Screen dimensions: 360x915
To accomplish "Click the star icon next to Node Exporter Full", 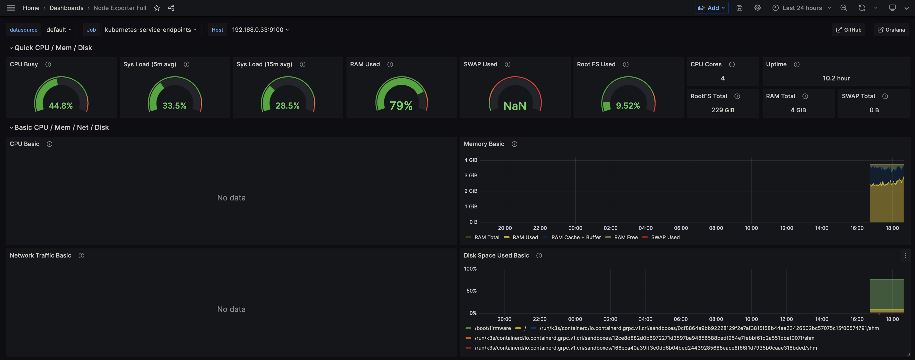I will pyautogui.click(x=157, y=8).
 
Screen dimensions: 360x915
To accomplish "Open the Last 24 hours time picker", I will pyautogui.click(x=802, y=8).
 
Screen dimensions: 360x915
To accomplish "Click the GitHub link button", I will pyautogui.click(x=849, y=29).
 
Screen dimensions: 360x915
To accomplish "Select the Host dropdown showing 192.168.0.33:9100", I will pyautogui.click(x=260, y=29).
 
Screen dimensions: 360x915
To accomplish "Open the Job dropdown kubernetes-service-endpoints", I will pyautogui.click(x=150, y=29).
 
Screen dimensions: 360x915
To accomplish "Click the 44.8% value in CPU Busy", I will pyautogui.click(x=61, y=105).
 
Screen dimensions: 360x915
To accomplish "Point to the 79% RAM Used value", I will pyautogui.click(x=401, y=105).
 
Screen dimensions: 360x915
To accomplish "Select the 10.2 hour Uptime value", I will pyautogui.click(x=836, y=78).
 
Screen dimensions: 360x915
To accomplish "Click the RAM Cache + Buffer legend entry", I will pyautogui.click(x=575, y=237).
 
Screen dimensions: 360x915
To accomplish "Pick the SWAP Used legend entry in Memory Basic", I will pyautogui.click(x=665, y=237).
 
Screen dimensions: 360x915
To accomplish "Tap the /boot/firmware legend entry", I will pyautogui.click(x=492, y=328).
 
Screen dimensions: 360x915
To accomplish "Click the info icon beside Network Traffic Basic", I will pyautogui.click(x=81, y=256).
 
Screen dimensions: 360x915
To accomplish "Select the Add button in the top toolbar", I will pyautogui.click(x=711, y=8).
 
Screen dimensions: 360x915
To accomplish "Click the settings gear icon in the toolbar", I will pyautogui.click(x=757, y=8).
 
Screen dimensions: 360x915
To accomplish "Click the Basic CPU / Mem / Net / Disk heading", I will pyautogui.click(x=61, y=127).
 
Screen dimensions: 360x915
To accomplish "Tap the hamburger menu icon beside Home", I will pyautogui.click(x=11, y=8).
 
